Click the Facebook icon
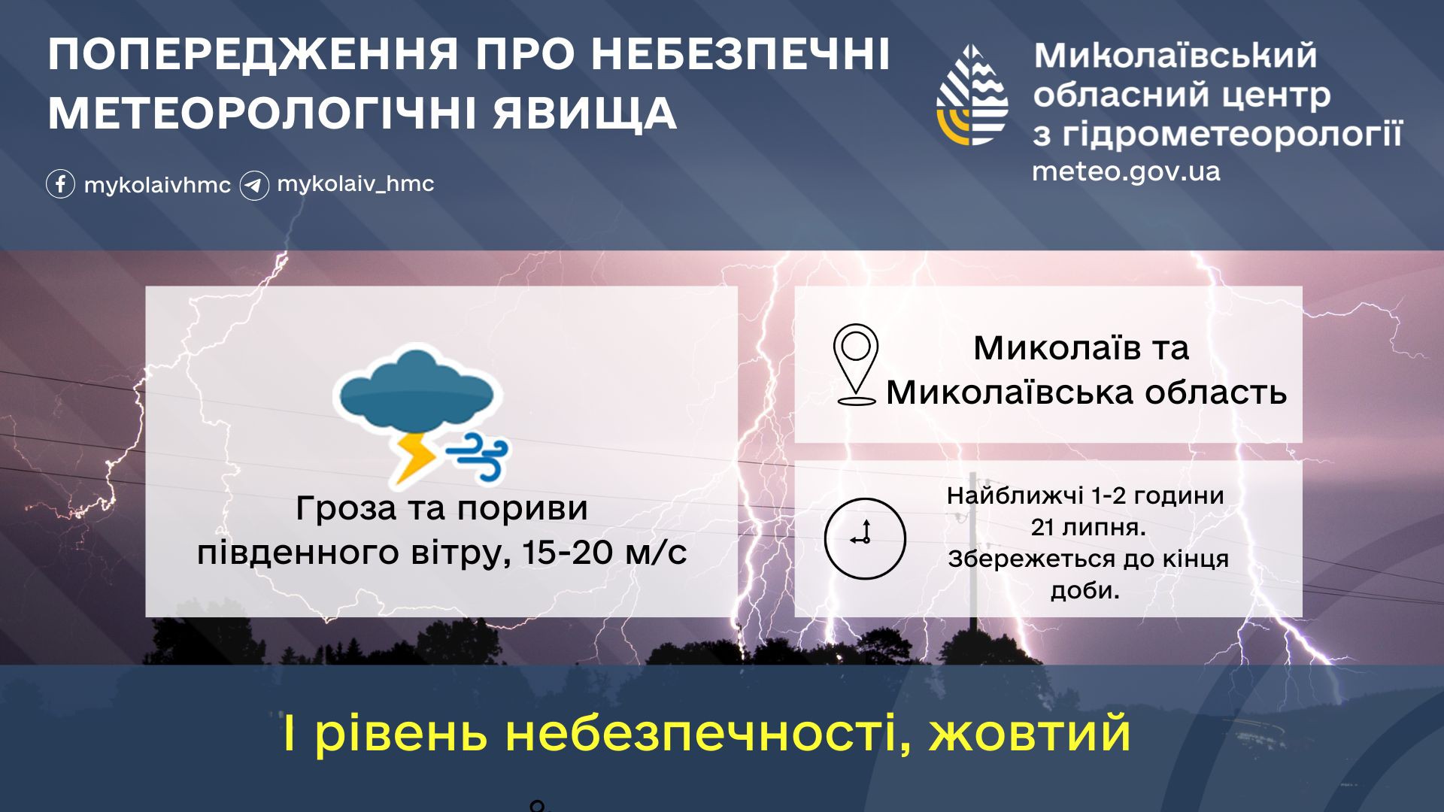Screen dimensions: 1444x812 point(60,184)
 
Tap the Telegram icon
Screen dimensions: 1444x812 point(254,186)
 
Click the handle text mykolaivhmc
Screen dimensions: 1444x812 point(157,186)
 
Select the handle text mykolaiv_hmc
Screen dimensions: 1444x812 point(356,184)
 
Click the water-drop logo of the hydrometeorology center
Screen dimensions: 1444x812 point(972,95)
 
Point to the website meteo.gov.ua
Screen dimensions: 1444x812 point(1126,172)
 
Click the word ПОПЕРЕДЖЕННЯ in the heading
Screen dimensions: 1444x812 point(253,54)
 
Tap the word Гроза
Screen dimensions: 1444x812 point(346,508)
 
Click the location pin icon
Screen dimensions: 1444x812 point(856,365)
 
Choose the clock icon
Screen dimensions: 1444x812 point(865,538)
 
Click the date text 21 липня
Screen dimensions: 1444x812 point(1088,527)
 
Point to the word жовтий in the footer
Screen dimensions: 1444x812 point(1030,733)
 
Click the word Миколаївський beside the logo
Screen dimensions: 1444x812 point(1176,55)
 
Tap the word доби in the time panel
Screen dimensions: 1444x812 point(1085,591)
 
